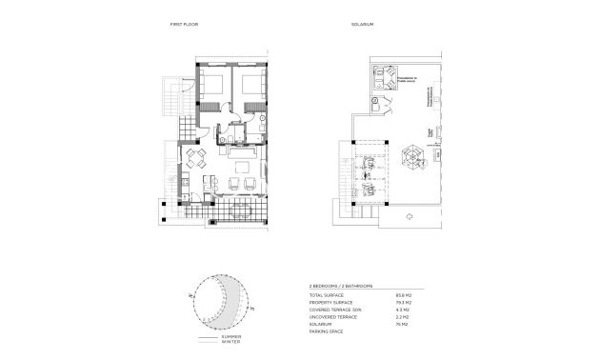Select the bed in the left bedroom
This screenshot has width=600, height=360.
coord(213,83)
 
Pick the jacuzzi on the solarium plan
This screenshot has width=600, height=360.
coord(388,77)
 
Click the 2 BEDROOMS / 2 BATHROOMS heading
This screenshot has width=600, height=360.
coord(341,286)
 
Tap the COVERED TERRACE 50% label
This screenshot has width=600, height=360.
coord(332,309)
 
